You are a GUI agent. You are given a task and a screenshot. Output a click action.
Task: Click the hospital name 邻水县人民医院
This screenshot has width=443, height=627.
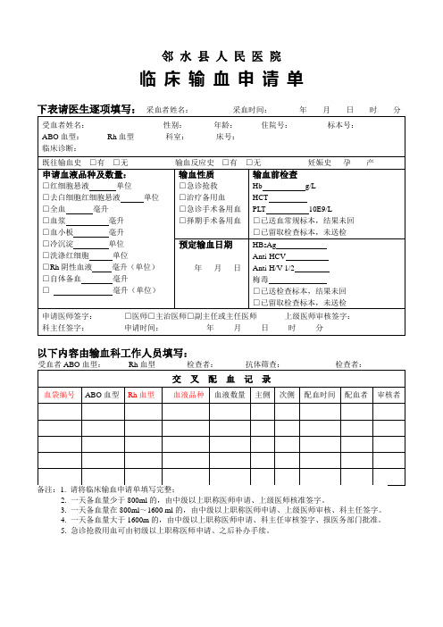tap(222, 55)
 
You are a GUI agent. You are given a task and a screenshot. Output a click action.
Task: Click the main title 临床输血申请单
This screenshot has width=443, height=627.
tap(222, 79)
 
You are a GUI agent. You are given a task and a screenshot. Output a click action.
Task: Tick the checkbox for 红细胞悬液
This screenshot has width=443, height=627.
tap(46, 185)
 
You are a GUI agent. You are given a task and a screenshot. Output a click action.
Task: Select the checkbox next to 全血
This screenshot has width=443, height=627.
tap(46, 208)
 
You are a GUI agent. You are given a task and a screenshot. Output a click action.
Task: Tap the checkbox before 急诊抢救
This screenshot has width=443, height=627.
tap(183, 185)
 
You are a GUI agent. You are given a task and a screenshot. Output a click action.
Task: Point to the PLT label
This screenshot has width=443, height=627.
tap(261, 208)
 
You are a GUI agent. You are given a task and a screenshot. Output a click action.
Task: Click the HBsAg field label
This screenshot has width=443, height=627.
tap(265, 243)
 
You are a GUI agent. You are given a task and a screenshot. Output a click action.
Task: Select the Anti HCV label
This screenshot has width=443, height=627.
tap(269, 255)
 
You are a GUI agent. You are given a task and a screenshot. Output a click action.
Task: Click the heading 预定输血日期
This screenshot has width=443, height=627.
tap(205, 244)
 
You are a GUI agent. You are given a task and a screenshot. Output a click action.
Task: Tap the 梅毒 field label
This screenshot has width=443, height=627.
tap(261, 278)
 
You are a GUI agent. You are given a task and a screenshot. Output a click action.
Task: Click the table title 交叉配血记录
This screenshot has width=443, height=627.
tap(221, 378)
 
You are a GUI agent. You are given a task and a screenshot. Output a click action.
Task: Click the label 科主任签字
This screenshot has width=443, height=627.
tap(62, 328)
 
